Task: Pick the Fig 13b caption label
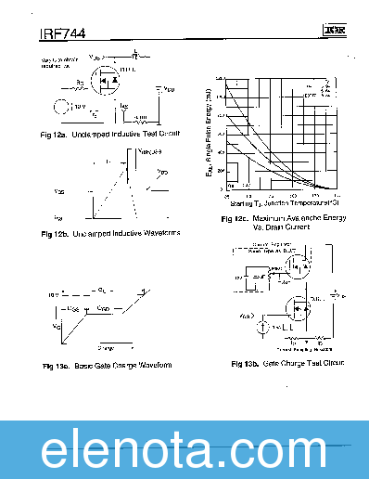click(x=287, y=363)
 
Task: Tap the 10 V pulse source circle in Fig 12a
click(x=63, y=109)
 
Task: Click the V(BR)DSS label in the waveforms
click(x=148, y=152)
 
